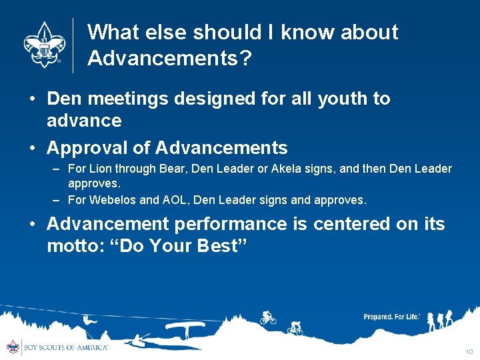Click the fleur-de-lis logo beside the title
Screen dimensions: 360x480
click(45, 44)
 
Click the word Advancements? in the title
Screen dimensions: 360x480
click(169, 59)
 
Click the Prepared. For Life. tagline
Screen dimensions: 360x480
click(391, 317)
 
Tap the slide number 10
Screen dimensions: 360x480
click(469, 351)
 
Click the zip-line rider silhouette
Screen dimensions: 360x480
click(89, 320)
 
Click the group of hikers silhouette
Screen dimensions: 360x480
click(441, 321)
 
